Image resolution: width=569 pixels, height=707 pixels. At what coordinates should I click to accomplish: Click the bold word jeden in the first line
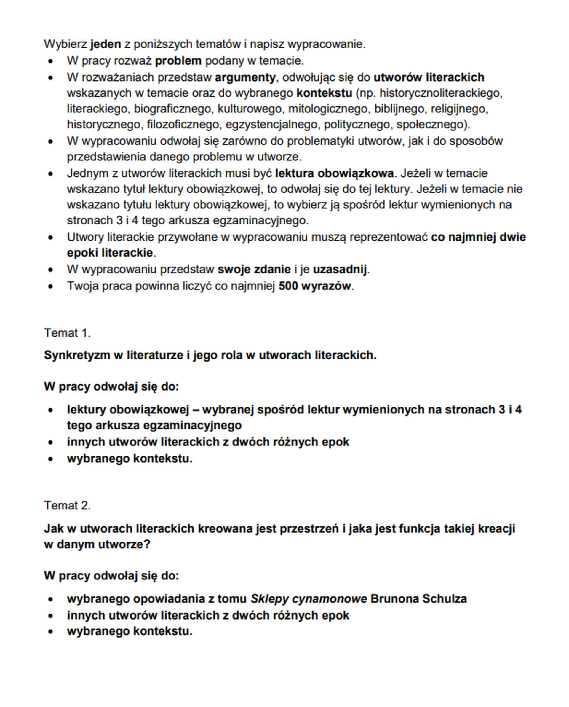pyautogui.click(x=106, y=44)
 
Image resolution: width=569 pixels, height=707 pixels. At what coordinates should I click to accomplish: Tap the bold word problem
pyautogui.click(x=178, y=61)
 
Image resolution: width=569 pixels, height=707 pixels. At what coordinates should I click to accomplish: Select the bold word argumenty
pyautogui.click(x=245, y=77)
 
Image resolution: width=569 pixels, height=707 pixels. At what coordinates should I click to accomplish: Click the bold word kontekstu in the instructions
pyautogui.click(x=324, y=93)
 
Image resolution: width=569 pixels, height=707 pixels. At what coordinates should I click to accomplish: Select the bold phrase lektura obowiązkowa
pyautogui.click(x=334, y=173)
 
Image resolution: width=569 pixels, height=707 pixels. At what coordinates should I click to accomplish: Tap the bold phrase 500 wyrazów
pyautogui.click(x=314, y=286)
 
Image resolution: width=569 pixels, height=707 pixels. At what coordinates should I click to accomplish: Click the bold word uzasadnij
pyautogui.click(x=340, y=270)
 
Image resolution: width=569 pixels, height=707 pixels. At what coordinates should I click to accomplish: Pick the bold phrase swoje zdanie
pyautogui.click(x=254, y=270)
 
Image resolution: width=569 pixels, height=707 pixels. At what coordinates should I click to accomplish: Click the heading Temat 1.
pyautogui.click(x=67, y=333)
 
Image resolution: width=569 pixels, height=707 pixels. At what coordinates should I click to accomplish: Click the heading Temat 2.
pyautogui.click(x=67, y=505)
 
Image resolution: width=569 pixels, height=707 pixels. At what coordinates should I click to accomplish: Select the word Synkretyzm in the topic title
pyautogui.click(x=77, y=355)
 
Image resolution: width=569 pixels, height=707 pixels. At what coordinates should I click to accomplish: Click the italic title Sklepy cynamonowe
pyautogui.click(x=309, y=599)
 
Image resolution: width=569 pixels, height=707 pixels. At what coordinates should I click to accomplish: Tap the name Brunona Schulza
pyautogui.click(x=418, y=599)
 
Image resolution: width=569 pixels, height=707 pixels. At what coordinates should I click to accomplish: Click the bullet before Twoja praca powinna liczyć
pyautogui.click(x=50, y=286)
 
